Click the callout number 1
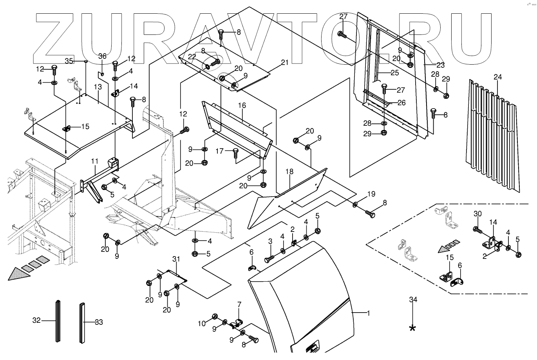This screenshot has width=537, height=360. [368, 313]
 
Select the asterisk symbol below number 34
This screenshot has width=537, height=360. [412, 328]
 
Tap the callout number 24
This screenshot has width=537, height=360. [497, 77]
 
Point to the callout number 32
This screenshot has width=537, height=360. [36, 321]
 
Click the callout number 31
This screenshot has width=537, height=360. [176, 259]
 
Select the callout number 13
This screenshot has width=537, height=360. [98, 86]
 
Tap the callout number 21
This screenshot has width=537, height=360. [284, 62]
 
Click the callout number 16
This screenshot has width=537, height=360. [242, 106]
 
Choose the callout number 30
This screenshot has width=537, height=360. [477, 214]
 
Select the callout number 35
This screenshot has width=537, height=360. [69, 61]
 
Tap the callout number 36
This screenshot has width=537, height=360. [102, 56]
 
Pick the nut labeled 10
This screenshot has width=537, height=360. [215, 316]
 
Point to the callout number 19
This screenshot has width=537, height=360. [371, 194]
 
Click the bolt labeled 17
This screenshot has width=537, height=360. [235, 153]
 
